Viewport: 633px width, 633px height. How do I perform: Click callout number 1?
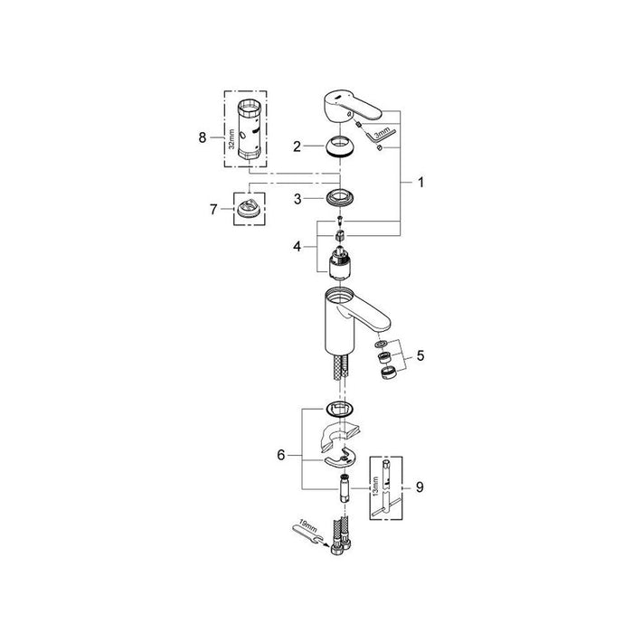[421, 183]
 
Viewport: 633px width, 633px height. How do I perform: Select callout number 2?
[298, 146]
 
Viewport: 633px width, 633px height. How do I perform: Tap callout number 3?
[298, 199]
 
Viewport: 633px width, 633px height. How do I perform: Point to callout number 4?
[298, 246]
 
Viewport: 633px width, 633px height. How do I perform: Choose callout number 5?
[420, 355]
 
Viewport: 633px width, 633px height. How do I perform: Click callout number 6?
[281, 455]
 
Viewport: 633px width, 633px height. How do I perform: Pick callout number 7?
[213, 210]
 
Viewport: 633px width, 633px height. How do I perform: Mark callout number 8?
[203, 137]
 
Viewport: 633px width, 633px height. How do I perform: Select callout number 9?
[420, 487]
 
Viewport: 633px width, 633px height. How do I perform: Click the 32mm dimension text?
[231, 139]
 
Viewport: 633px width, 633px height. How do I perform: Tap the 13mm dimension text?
[376, 487]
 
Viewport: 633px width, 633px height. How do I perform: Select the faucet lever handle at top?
[353, 106]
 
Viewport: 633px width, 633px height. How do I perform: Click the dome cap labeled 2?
[340, 146]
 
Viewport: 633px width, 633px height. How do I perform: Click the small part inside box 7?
[250, 210]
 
